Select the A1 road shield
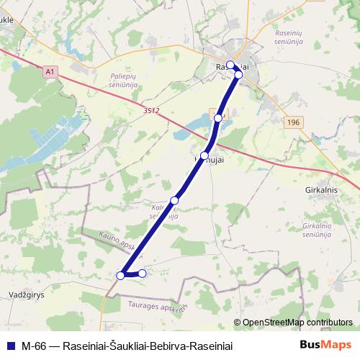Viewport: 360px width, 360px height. [x=49, y=72]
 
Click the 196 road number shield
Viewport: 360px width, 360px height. [x=292, y=123]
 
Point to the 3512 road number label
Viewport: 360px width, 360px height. [x=150, y=111]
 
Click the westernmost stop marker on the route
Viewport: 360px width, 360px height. [x=121, y=275]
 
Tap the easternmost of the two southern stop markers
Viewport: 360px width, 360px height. [x=143, y=274]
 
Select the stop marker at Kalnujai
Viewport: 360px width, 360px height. [x=205, y=156]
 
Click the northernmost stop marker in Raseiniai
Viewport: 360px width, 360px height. [x=230, y=65]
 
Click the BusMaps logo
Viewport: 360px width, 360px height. [x=325, y=345]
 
